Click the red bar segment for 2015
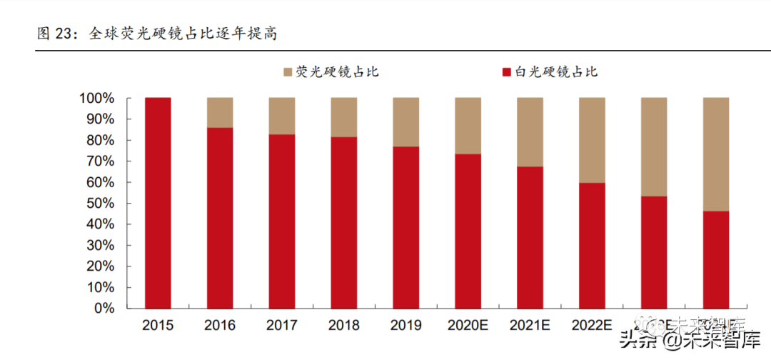[158, 203]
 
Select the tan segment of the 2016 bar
[220, 112]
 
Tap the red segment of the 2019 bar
[405, 227]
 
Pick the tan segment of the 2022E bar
[592, 140]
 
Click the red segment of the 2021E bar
[530, 237]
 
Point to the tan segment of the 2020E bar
[468, 126]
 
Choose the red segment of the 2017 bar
[282, 221]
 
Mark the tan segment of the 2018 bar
[343, 117]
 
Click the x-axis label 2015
[158, 326]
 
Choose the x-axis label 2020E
[468, 326]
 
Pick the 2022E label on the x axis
[592, 326]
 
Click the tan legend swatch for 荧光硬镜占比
[288, 72]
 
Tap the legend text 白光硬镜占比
[555, 72]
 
